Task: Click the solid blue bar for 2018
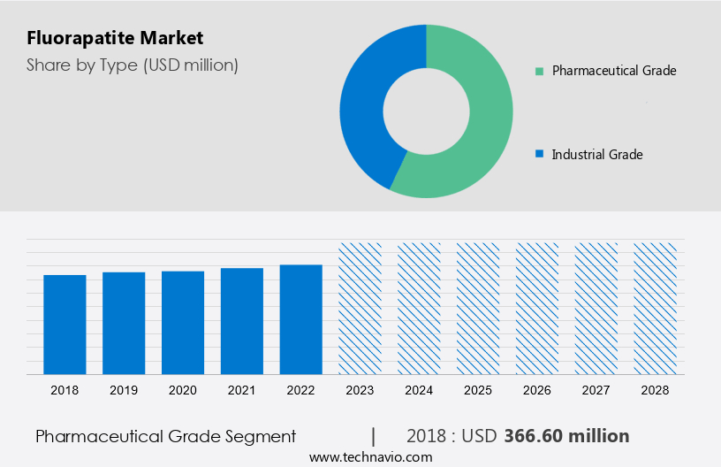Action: click(x=65, y=324)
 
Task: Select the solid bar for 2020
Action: click(x=183, y=322)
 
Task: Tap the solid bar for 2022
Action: click(x=301, y=318)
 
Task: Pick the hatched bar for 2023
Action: click(x=360, y=308)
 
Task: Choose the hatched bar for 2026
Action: click(x=537, y=308)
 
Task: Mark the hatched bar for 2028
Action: click(x=656, y=308)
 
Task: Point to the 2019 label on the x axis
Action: click(x=124, y=389)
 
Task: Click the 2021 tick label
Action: click(x=242, y=389)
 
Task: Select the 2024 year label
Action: click(x=419, y=389)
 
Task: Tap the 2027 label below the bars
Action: click(x=596, y=389)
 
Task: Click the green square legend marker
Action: click(x=539, y=71)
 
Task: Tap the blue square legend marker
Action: click(x=539, y=154)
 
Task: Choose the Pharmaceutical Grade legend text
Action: click(x=614, y=71)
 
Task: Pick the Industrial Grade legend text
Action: click(x=597, y=154)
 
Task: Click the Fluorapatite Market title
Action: click(x=115, y=38)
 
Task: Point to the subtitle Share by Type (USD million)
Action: click(x=133, y=65)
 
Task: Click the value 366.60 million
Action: click(x=566, y=436)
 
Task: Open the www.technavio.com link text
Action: click(x=370, y=457)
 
